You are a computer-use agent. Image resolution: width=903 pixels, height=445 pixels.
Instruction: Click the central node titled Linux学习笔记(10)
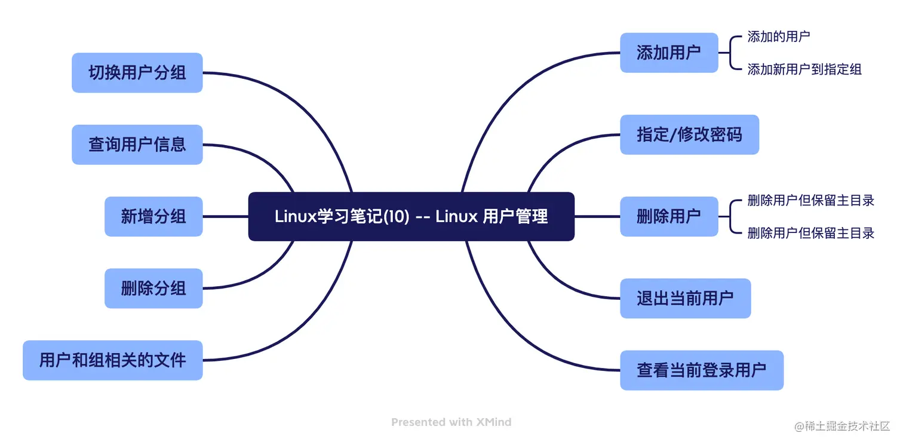point(411,216)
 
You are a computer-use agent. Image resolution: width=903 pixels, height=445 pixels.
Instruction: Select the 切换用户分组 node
point(137,73)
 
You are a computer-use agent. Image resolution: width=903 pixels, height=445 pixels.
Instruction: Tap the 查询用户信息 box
point(137,145)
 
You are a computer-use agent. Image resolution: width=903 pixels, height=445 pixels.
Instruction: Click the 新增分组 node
point(153,216)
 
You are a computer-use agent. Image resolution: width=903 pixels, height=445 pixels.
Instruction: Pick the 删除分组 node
point(153,289)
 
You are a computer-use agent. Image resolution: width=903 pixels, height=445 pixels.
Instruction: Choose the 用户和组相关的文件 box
point(112,360)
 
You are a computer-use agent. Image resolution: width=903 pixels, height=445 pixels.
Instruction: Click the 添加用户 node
point(668,53)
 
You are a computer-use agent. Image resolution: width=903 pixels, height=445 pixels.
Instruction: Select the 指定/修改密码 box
point(689,134)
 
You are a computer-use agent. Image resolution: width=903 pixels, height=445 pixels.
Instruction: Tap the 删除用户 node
point(668,216)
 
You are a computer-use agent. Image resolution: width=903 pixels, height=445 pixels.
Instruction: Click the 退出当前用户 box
point(684,298)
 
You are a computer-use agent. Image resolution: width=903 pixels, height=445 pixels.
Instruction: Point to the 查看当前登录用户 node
point(701,370)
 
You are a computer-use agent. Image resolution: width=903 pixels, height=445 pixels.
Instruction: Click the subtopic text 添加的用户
point(778,37)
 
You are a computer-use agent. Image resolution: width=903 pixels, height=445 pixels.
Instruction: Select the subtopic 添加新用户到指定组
point(804,69)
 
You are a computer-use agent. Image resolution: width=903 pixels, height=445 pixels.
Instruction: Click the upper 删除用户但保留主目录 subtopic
point(810,201)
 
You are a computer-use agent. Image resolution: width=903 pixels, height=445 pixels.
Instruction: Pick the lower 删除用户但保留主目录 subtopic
point(810,233)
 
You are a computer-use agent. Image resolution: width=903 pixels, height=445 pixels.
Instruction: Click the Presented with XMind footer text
point(451,422)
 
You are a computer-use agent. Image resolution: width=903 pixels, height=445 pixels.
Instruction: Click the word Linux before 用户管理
point(456,216)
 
